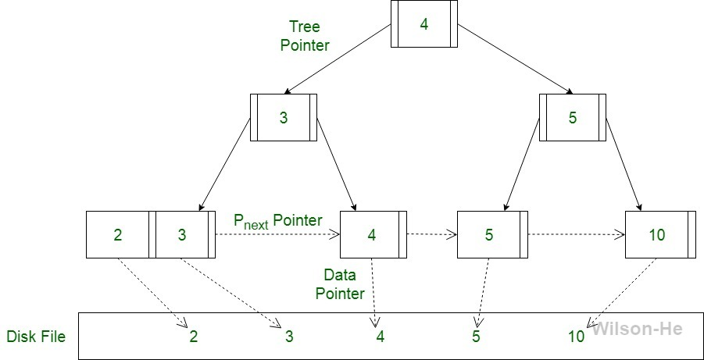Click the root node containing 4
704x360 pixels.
pos(423,24)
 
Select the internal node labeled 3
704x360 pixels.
pos(283,118)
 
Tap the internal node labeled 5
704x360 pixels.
pos(572,118)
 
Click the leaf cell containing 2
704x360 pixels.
pos(117,234)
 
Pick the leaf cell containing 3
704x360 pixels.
pos(182,234)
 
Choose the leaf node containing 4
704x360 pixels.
pos(371,234)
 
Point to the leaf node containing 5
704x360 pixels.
pos(489,234)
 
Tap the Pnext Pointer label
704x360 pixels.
pos(277,221)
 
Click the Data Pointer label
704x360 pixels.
pos(344,284)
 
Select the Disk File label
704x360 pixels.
pos(36,337)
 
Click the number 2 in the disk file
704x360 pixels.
pos(193,337)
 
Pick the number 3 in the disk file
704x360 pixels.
pos(288,337)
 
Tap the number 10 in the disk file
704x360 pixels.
pos(576,337)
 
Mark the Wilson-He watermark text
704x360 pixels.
pos(637,329)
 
